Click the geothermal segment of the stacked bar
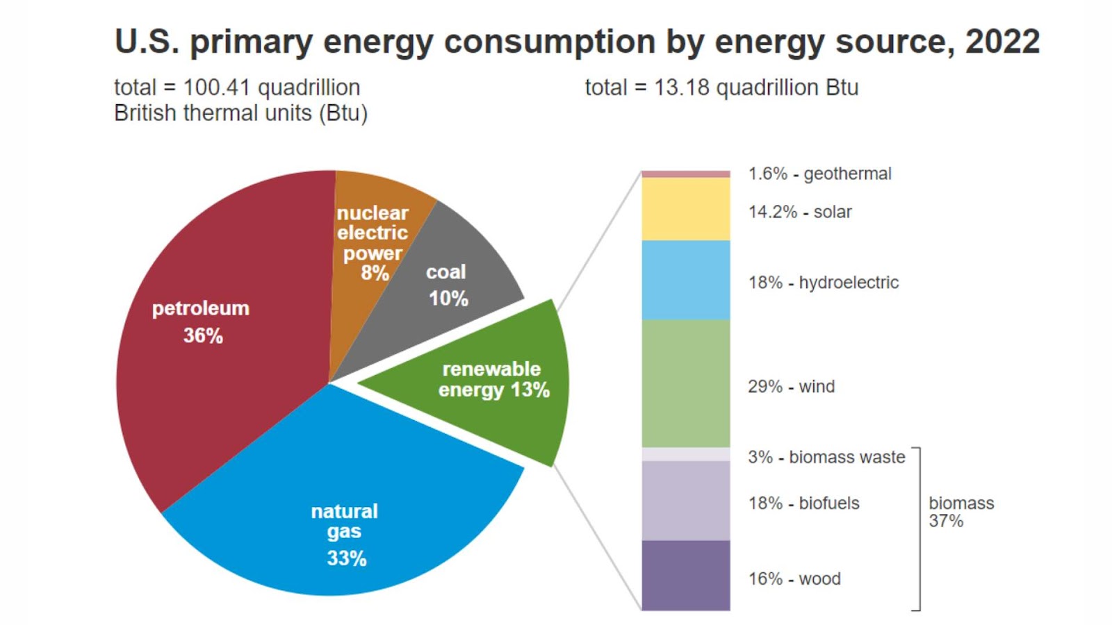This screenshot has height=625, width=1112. pos(685,174)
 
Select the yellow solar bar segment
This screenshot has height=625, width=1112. pos(685,209)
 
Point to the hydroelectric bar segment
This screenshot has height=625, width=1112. pos(685,280)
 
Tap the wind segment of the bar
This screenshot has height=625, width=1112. pos(685,383)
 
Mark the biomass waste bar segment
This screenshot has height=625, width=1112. pos(685,454)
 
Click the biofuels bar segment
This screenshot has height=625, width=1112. pos(685,501)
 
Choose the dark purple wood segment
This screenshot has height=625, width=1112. pos(685,576)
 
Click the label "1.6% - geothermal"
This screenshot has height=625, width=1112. pos(819,174)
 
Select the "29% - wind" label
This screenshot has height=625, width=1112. pos(791,387)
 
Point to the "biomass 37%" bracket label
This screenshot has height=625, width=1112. pos(961,512)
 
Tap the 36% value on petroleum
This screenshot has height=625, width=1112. pos(203,336)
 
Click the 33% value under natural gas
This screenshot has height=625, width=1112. pos(347,558)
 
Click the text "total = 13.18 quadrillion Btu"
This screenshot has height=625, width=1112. pos(721,88)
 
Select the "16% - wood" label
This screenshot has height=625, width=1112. pos(794,579)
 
